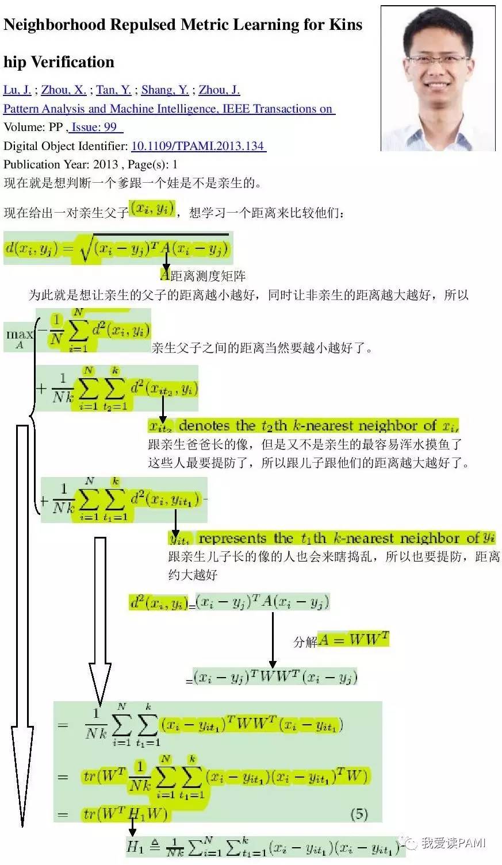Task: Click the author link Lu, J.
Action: [17, 90]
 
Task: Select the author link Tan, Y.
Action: [113, 90]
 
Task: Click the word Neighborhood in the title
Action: [55, 25]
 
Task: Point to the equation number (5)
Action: [359, 813]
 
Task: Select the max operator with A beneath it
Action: [20, 337]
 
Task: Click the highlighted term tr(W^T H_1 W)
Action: [125, 814]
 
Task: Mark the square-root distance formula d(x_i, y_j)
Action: [117, 248]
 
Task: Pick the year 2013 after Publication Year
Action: [105, 164]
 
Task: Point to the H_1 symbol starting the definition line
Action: [135, 846]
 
